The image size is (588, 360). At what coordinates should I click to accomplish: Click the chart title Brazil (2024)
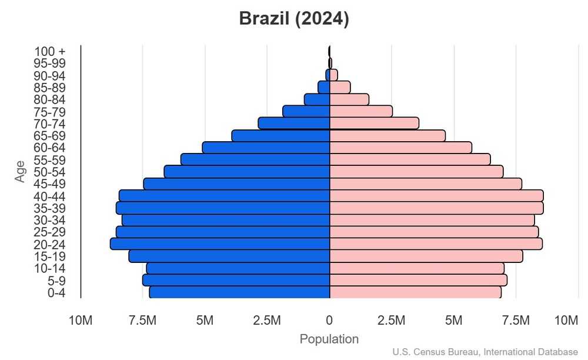click(x=294, y=19)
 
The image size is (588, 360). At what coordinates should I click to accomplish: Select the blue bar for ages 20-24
click(x=220, y=244)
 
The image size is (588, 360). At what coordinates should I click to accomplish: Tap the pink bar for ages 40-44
click(x=436, y=195)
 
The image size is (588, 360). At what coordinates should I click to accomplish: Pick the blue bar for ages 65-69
click(x=280, y=136)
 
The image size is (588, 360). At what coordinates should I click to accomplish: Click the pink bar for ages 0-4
click(x=415, y=292)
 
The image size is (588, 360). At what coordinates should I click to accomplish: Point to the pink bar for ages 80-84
click(x=349, y=99)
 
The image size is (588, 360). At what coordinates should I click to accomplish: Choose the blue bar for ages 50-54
click(x=247, y=172)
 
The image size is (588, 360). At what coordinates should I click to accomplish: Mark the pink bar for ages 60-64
click(x=400, y=148)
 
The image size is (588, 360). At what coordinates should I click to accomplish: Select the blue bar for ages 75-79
click(x=306, y=111)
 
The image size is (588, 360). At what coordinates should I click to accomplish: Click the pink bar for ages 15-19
click(x=426, y=256)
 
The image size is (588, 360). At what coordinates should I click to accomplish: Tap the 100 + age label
click(x=49, y=52)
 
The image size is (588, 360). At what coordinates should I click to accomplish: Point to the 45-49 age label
click(x=49, y=184)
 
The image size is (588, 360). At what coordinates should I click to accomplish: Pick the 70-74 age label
click(x=49, y=124)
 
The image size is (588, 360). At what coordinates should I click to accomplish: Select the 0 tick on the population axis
click(x=329, y=321)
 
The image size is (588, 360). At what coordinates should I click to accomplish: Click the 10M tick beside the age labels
click(x=81, y=321)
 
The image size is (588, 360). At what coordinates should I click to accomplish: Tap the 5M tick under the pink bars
click(x=454, y=321)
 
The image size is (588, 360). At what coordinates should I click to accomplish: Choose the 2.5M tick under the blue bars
click(x=267, y=321)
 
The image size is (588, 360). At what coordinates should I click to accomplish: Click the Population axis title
click(x=329, y=339)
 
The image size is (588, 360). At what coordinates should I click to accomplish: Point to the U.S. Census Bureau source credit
click(x=485, y=352)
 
